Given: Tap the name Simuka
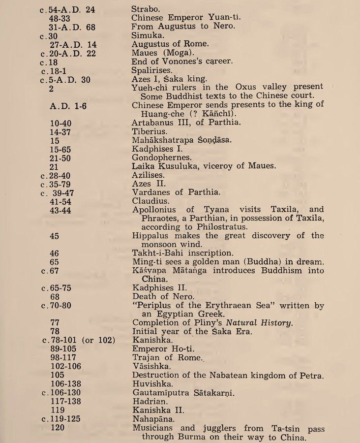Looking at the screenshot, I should pyautogui.click(x=146, y=35).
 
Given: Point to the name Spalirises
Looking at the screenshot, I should pyautogui.click(x=153, y=70).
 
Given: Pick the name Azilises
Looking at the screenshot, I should pyautogui.click(x=149, y=175).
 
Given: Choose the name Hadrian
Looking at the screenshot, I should pyautogui.click(x=149, y=401).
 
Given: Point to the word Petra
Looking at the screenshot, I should pyautogui.click(x=312, y=376).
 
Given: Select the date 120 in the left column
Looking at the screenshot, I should pyautogui.click(x=58, y=428).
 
